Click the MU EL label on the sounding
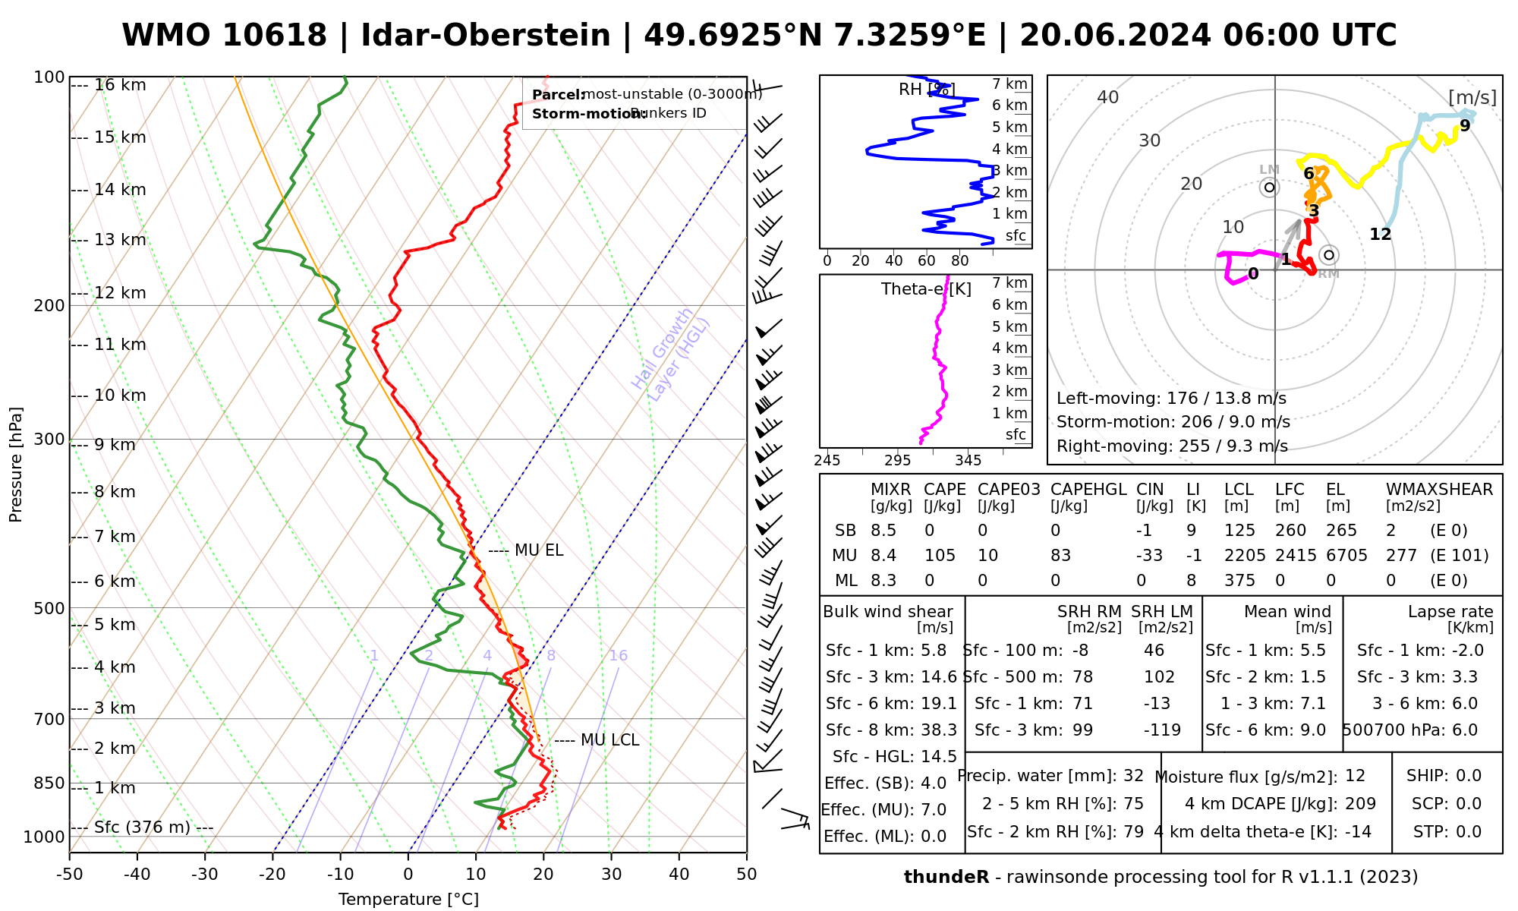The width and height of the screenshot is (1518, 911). click(x=539, y=550)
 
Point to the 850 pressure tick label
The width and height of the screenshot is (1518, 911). click(x=50, y=783)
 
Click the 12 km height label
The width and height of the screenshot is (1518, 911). click(x=120, y=293)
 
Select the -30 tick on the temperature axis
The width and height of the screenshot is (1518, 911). click(x=205, y=875)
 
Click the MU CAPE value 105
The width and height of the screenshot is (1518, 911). click(x=940, y=556)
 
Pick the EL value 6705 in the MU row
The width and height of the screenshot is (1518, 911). click(x=1346, y=556)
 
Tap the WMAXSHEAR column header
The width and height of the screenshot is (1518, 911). click(x=1439, y=490)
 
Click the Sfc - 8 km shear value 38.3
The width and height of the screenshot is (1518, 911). click(x=935, y=730)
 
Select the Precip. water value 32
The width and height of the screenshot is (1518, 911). click(x=1133, y=776)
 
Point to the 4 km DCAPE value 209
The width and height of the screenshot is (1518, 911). click(x=1360, y=804)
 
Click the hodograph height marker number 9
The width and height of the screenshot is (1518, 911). click(x=1465, y=126)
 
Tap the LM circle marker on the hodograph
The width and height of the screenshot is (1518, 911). click(x=1269, y=188)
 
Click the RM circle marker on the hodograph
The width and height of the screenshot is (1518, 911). click(x=1328, y=255)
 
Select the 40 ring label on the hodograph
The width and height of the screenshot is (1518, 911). click(x=1108, y=97)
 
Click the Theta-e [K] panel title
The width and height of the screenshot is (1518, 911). click(x=926, y=289)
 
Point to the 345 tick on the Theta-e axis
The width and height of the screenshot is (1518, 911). click(x=968, y=461)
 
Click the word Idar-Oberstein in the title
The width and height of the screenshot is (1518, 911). click(x=486, y=36)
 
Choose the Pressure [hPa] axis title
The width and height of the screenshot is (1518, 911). click(x=16, y=465)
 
